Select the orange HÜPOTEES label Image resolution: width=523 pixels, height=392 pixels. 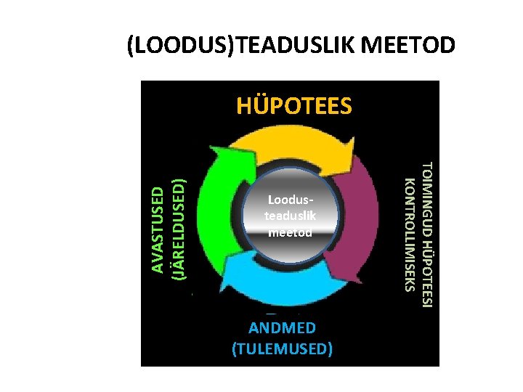click(x=293, y=107)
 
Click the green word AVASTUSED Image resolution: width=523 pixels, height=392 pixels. click(x=158, y=229)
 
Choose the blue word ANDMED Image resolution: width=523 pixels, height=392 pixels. click(x=282, y=328)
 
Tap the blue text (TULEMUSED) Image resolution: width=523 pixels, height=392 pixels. click(x=282, y=349)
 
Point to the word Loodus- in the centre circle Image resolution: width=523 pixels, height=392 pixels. click(x=291, y=199)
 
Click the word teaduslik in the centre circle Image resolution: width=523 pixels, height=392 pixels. click(x=291, y=216)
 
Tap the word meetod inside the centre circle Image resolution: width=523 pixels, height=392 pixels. click(x=291, y=232)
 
